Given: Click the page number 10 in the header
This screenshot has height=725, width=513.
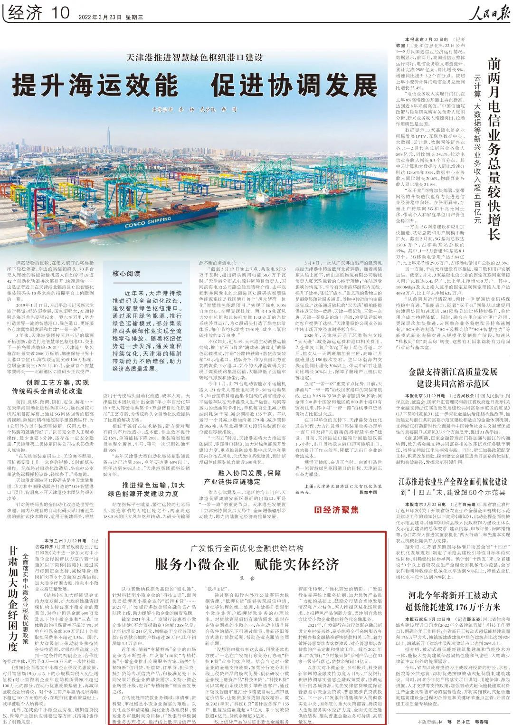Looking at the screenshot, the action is [59, 13].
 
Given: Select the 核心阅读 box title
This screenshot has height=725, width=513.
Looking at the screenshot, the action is [126, 274].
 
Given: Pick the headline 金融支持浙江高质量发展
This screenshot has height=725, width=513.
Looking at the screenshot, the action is [453, 372].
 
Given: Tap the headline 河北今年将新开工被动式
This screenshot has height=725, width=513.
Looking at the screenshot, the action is [453, 595].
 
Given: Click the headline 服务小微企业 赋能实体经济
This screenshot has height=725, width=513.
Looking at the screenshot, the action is [247, 564].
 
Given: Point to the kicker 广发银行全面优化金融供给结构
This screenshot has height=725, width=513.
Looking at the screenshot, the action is [247, 548].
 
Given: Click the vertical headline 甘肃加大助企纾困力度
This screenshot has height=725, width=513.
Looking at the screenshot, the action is [13, 594].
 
